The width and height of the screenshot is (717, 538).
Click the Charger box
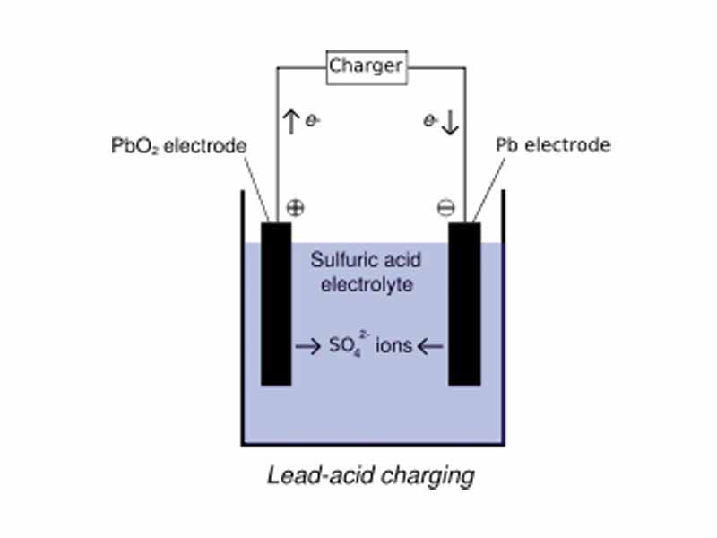click(x=367, y=66)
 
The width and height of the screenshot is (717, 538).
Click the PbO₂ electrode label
click(x=185, y=145)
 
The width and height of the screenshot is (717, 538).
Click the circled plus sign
click(x=295, y=208)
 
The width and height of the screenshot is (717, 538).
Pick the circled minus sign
click(x=445, y=208)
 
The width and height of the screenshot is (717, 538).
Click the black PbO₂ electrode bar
click(x=276, y=305)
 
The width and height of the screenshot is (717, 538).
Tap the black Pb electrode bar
click(x=464, y=305)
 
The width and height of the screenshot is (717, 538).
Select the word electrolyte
click(x=369, y=286)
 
